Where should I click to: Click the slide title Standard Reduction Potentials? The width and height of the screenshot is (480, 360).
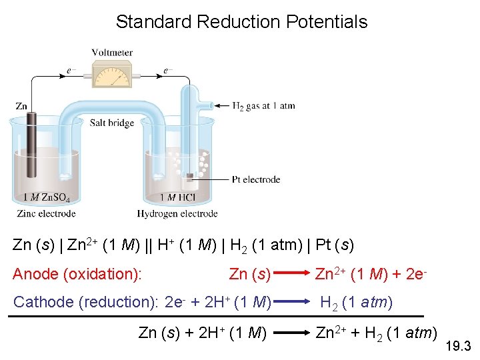click(241, 21)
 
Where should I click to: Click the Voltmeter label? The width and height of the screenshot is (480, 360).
click(112, 53)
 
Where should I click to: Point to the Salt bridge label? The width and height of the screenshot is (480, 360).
click(112, 123)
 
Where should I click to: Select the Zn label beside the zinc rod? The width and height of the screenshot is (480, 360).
click(21, 106)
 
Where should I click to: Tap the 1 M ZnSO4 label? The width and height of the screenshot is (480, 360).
click(42, 197)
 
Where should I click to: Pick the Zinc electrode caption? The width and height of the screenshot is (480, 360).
click(46, 214)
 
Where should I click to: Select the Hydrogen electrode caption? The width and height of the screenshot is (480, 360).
click(177, 214)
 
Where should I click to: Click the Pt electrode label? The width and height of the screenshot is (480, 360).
click(256, 179)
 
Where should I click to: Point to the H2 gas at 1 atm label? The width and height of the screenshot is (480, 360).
click(263, 105)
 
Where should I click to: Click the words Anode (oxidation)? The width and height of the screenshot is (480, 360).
click(81, 274)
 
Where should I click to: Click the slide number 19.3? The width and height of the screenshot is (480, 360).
click(461, 346)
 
